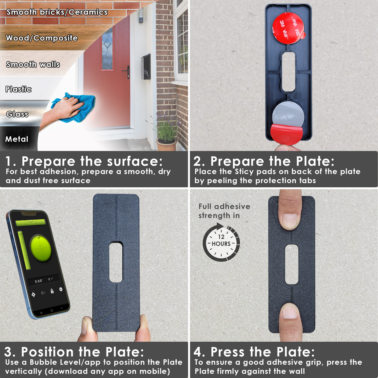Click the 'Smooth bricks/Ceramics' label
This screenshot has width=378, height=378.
(57, 12)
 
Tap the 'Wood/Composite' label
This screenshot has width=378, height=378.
(42, 38)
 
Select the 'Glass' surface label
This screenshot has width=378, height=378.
(17, 114)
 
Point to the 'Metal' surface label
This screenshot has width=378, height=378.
(17, 139)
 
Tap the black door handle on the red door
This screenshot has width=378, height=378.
(127, 72)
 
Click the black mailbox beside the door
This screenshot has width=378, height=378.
(145, 67)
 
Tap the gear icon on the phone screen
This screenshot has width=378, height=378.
(61, 289)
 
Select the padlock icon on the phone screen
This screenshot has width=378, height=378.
(52, 291)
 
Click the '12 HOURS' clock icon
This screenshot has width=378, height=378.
(221, 242)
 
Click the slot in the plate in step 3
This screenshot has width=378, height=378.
(116, 262)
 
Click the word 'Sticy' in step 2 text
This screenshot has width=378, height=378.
(244, 172)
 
